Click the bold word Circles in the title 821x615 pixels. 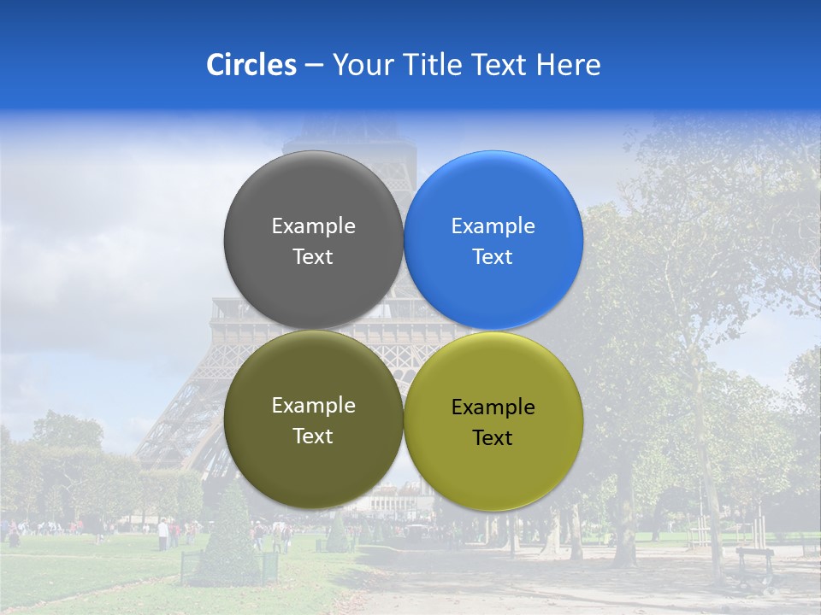point(251,65)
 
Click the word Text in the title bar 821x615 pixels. point(500,65)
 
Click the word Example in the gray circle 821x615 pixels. point(313,225)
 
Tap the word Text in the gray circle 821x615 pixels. point(313,256)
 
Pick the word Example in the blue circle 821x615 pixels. point(493,225)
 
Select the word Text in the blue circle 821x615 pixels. point(493,256)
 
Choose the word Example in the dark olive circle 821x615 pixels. point(313,406)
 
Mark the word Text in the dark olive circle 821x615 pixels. point(313,436)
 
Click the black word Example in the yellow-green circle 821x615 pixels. point(493,407)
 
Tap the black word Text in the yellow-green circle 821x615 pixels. point(493,437)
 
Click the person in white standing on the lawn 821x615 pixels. point(162,534)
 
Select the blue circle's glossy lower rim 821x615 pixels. point(493,320)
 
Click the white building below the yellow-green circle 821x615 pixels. point(395,499)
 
